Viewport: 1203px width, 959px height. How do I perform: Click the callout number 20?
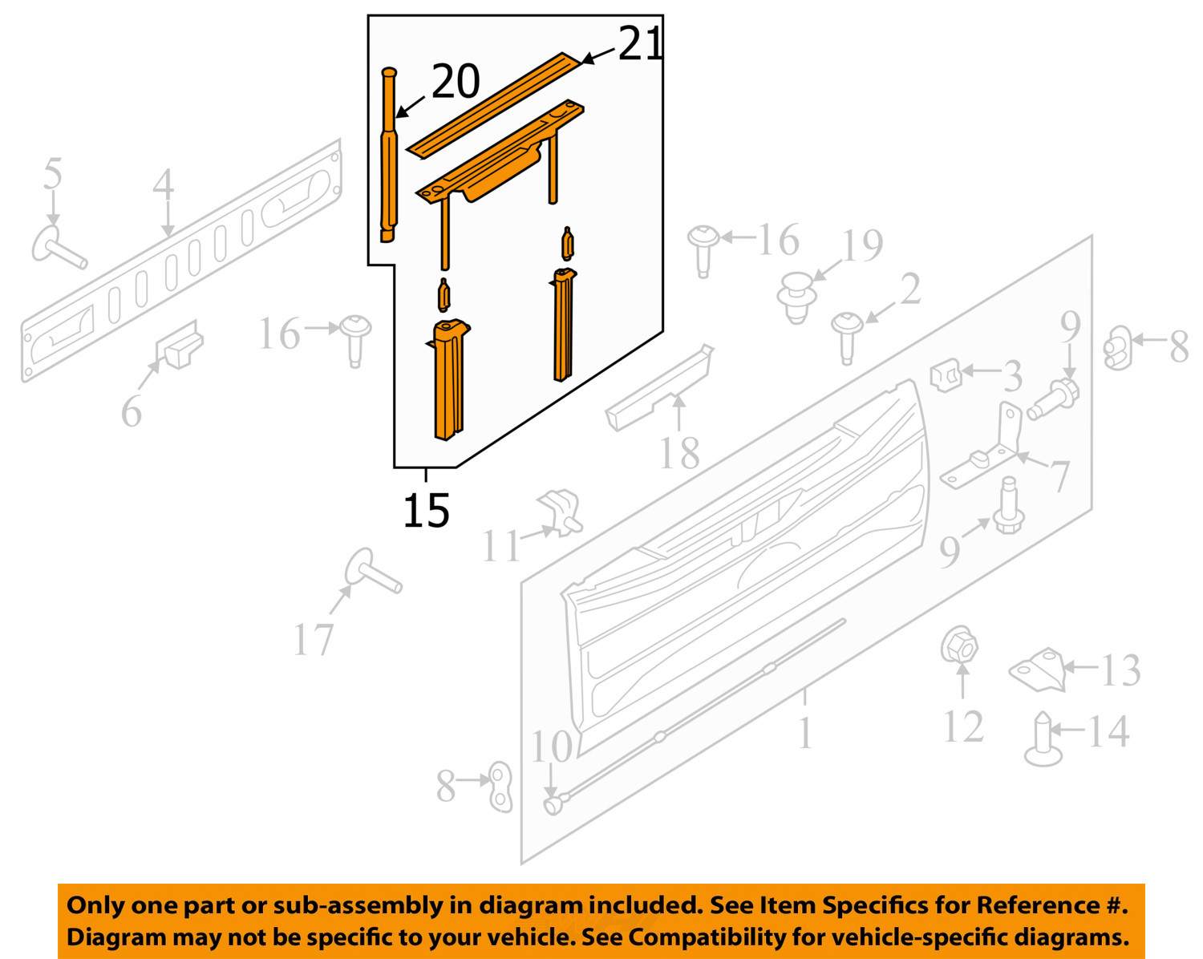[456, 82]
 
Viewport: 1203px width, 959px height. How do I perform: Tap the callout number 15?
[426, 510]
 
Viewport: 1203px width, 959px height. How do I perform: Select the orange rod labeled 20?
[388, 155]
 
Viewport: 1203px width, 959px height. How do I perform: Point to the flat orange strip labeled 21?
[496, 106]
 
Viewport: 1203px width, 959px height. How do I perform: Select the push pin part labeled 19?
[796, 297]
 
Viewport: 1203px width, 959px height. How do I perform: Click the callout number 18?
[679, 452]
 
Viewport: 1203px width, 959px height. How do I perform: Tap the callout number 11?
[501, 545]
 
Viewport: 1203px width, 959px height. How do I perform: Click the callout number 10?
[551, 747]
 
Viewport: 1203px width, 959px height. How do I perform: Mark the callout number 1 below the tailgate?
[804, 733]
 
